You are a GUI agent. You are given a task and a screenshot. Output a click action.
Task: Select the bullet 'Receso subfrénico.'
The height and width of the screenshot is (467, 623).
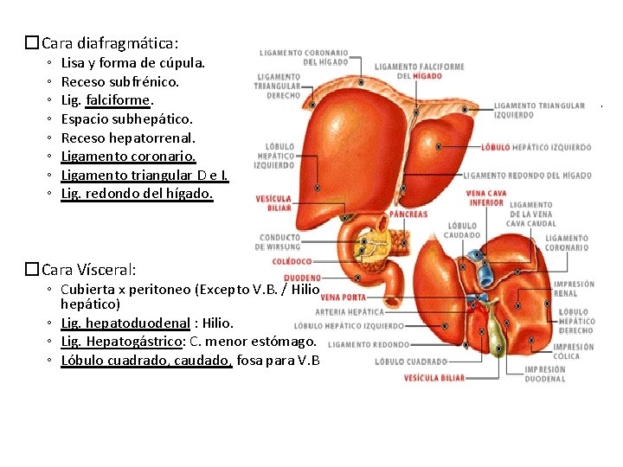(x=120, y=82)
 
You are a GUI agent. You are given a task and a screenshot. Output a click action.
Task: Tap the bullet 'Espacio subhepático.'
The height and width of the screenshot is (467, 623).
(x=126, y=119)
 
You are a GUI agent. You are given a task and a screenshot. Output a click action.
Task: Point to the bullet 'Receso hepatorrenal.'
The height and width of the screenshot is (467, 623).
(x=128, y=138)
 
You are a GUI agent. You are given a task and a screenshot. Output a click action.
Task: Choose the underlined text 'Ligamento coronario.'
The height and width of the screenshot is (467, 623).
(x=128, y=157)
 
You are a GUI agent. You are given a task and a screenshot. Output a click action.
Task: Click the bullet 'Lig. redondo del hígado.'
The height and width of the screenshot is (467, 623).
(x=137, y=194)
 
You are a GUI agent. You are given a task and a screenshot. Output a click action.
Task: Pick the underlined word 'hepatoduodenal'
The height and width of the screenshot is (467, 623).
(x=138, y=323)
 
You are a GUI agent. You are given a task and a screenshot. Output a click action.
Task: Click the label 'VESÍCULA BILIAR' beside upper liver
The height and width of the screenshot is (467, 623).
(x=273, y=203)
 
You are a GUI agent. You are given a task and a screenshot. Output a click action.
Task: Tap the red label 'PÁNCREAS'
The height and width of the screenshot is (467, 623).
(x=408, y=214)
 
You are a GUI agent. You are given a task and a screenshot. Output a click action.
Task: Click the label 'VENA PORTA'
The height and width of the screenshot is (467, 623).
(x=337, y=297)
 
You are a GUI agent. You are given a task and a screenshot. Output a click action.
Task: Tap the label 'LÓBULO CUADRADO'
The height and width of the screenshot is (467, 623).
(x=411, y=361)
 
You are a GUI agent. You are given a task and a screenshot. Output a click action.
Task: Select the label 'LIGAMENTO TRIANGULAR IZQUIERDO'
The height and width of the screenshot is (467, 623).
(x=539, y=110)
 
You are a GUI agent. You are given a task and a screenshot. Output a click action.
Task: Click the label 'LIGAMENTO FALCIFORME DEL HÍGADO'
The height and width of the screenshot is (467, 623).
(x=419, y=71)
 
